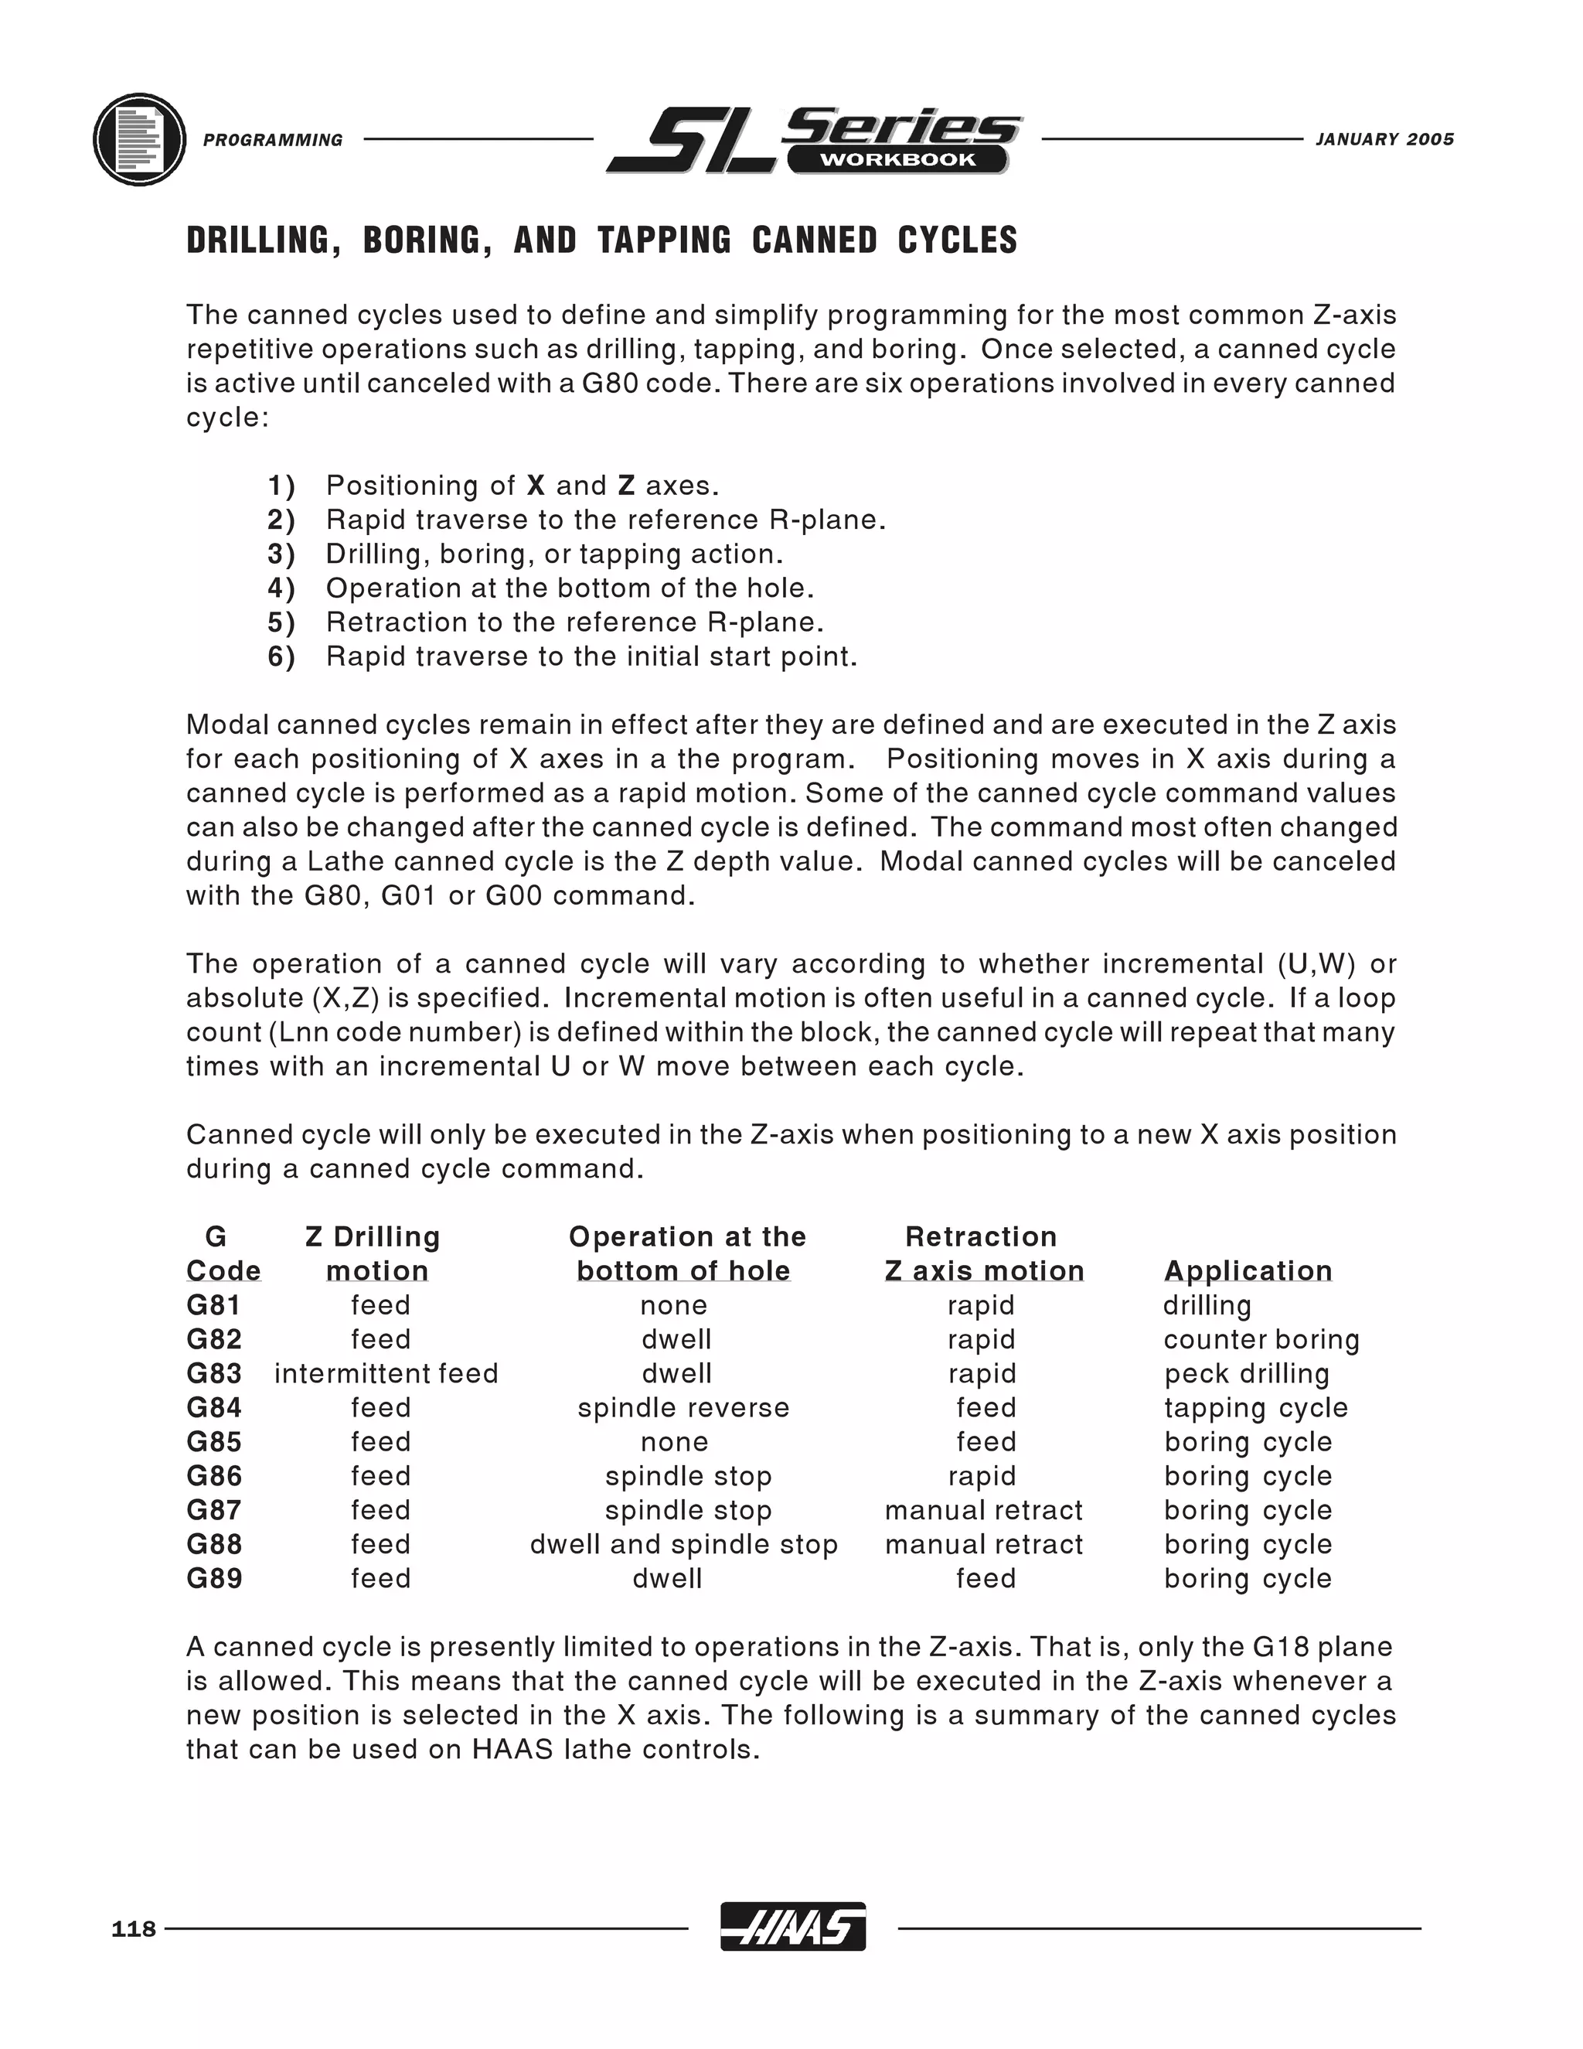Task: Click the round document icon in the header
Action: coord(140,139)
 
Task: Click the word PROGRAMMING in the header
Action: coord(273,140)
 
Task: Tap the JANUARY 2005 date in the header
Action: coord(1384,139)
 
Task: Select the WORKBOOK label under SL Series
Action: coord(897,159)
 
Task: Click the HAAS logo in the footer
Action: coord(792,1927)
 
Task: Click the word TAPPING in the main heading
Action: coord(664,240)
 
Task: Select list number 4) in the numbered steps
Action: coord(281,588)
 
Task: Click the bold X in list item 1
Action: coord(536,486)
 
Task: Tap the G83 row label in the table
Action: coord(214,1373)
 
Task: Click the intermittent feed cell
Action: coord(386,1373)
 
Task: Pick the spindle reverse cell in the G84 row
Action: coord(683,1407)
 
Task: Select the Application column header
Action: coord(1248,1270)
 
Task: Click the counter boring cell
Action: coord(1261,1340)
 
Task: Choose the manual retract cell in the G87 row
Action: coord(983,1511)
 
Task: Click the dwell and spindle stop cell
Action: coord(683,1544)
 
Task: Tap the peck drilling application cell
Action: coord(1246,1373)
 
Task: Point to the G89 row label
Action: coord(214,1578)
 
